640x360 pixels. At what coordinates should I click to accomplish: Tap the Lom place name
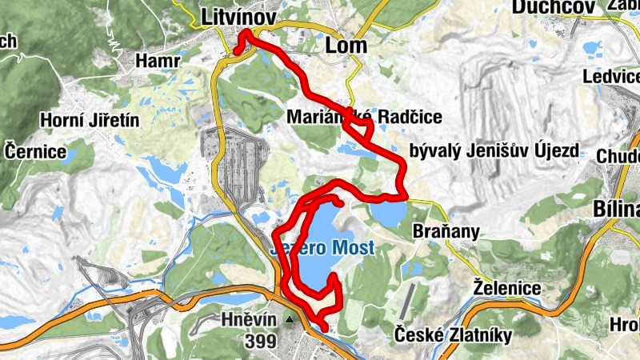(346, 46)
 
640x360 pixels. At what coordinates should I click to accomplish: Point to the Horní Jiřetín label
(90, 121)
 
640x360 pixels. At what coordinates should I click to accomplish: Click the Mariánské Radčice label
(364, 117)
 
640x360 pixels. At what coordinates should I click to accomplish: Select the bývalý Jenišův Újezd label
(493, 150)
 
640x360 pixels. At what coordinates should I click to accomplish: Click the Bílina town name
(617, 209)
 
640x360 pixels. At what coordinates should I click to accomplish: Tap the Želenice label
(507, 287)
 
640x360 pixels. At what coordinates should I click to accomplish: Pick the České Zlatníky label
(453, 335)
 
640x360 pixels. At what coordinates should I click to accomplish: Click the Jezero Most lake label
(323, 248)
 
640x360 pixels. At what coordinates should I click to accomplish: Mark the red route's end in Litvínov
(237, 52)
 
